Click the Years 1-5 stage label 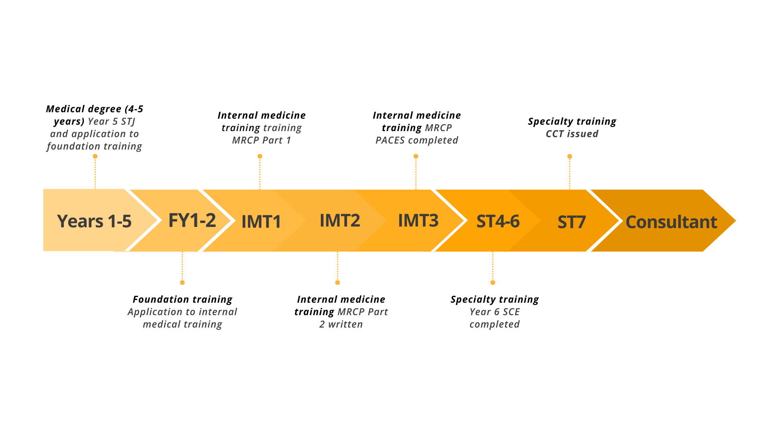coord(94,221)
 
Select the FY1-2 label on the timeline coord(192,221)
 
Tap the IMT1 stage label coord(261,222)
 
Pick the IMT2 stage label coord(340,221)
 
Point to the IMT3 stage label coord(418,221)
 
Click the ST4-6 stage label coord(498,221)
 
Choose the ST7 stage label coord(571,222)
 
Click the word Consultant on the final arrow coord(671,222)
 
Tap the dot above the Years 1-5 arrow coord(95,156)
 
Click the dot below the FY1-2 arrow coord(182,283)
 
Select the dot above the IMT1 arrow coord(260,156)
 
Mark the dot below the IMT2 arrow coord(338,283)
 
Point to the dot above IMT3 coord(416,156)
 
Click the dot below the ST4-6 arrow coord(493,283)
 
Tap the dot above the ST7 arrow coord(569,156)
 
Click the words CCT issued coord(572,134)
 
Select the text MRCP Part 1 coord(261,140)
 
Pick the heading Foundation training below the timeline coord(182,299)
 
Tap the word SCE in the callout coord(511,312)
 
